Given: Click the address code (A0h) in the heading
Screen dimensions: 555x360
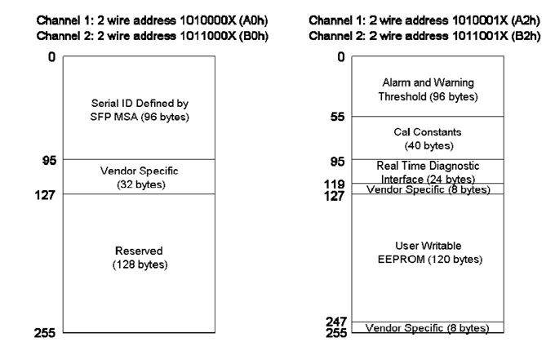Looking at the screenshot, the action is click(x=254, y=20).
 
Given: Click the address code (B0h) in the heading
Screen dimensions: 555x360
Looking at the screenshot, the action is click(x=254, y=36).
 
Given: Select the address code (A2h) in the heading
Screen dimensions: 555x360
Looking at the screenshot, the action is click(x=526, y=20).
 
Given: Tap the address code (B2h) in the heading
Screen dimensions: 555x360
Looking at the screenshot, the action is click(x=526, y=36).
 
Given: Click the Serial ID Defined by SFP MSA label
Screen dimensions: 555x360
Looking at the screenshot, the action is click(x=140, y=109).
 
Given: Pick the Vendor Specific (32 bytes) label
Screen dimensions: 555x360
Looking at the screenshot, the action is click(x=140, y=177).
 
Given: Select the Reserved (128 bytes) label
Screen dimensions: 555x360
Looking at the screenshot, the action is click(x=140, y=257).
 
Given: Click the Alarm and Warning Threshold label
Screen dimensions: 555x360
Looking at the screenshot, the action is click(x=428, y=89).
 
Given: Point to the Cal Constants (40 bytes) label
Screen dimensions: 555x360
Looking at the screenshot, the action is click(x=428, y=139).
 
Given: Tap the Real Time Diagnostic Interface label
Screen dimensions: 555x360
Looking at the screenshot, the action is click(x=428, y=172).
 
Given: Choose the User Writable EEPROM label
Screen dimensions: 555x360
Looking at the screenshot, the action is click(x=429, y=252).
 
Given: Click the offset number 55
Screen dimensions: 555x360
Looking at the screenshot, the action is click(x=337, y=117).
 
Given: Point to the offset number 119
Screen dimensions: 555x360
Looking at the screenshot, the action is click(x=334, y=184).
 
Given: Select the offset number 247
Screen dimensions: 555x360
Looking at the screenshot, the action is click(x=336, y=322).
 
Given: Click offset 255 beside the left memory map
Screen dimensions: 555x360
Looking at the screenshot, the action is click(x=45, y=333).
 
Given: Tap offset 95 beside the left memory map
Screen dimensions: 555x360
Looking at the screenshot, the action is click(x=49, y=160).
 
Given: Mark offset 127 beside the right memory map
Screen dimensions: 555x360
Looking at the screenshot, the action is click(x=334, y=195).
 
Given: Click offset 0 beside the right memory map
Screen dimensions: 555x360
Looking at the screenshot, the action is click(x=341, y=56).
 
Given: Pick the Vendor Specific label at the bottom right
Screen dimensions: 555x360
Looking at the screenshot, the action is click(x=427, y=328).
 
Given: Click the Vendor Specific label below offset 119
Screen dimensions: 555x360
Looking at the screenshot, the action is click(x=428, y=189).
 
